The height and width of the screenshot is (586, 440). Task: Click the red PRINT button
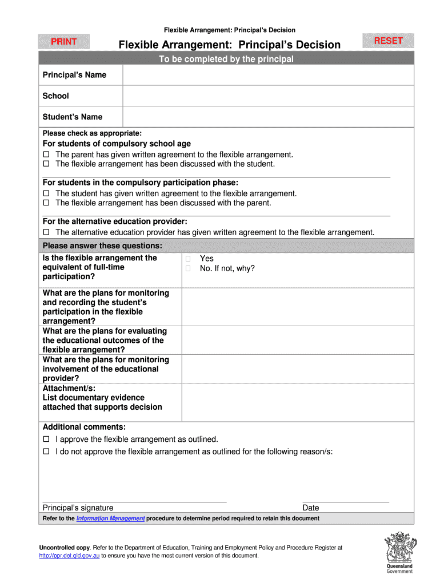[64, 42]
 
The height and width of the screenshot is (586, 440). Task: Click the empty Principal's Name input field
[268, 75]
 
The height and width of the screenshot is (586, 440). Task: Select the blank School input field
[268, 96]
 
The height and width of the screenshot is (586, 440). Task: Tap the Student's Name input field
[268, 117]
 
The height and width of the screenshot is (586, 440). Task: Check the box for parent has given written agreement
[47, 155]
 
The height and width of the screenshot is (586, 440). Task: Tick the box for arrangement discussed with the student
[47, 164]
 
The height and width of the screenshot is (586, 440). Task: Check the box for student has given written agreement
[47, 193]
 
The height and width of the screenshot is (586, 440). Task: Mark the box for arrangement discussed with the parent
[47, 203]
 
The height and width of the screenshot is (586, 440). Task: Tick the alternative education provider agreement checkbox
[47, 232]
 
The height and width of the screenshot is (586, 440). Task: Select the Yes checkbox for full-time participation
[187, 259]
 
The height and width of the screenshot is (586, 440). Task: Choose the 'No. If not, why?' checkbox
[187, 268]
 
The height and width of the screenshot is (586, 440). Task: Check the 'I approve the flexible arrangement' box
[47, 439]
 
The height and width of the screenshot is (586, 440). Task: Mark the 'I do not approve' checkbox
[47, 452]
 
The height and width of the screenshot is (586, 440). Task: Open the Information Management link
[110, 518]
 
